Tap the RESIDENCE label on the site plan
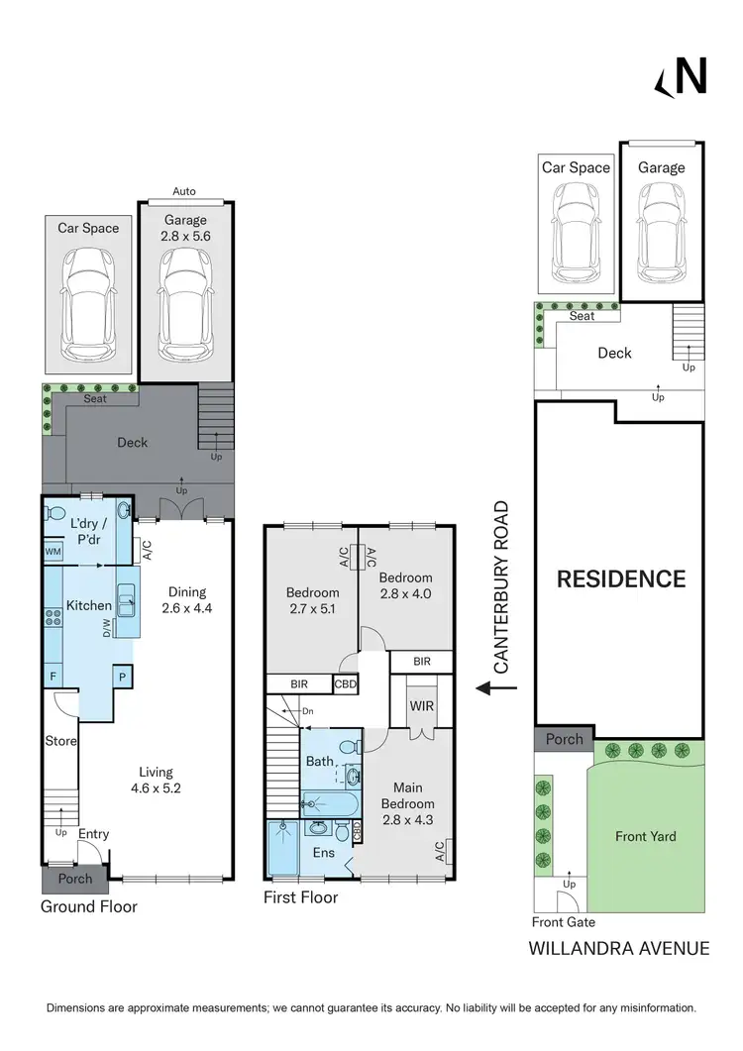pos(620,578)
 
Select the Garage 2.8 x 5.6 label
pos(186,229)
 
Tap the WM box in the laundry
pos(53,552)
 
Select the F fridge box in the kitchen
pos(53,677)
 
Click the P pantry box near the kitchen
pos(123,677)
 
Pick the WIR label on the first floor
pos(422,706)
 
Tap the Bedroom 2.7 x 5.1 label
pos(312,601)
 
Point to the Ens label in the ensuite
pos(325,852)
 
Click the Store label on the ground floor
pos(60,740)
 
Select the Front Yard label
pos(645,836)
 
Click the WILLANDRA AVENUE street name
pos(618,948)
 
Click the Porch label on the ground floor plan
pos(75,879)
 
